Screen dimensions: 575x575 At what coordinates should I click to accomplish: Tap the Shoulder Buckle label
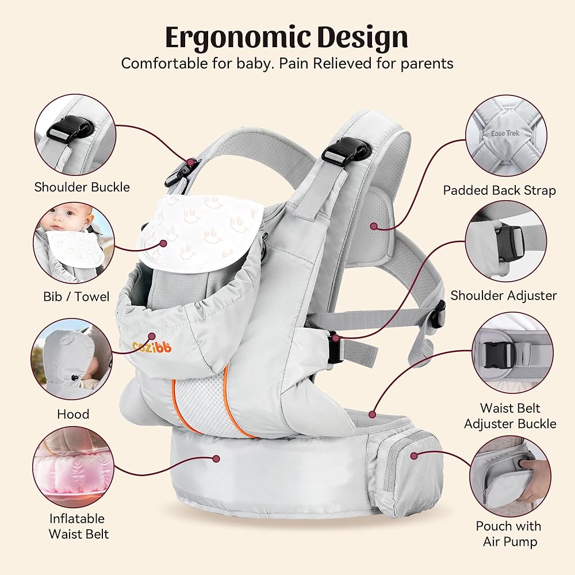(x=82, y=187)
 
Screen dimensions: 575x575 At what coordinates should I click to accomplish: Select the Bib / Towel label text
(x=76, y=297)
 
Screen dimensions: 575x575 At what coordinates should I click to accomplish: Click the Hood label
(x=73, y=414)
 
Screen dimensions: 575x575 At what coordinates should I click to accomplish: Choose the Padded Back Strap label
(x=500, y=190)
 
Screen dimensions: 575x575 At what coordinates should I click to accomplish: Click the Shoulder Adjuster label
(x=504, y=296)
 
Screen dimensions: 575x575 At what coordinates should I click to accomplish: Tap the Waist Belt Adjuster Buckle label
(x=510, y=416)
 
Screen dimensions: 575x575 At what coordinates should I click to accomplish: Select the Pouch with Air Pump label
(x=508, y=534)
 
